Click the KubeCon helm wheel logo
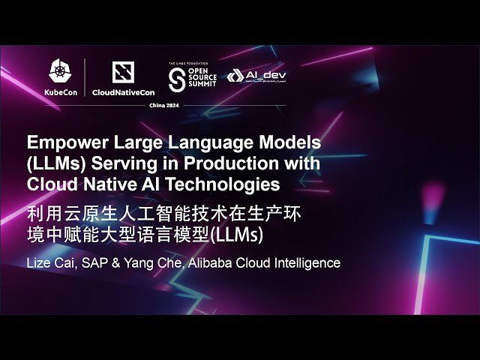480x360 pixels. [x=58, y=72]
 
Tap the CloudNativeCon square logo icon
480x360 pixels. [x=122, y=72]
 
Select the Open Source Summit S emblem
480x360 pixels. [x=177, y=76]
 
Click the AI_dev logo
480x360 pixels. [x=256, y=76]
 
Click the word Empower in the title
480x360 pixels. [x=62, y=142]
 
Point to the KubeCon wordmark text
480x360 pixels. [x=58, y=93]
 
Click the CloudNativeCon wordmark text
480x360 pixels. [x=122, y=93]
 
